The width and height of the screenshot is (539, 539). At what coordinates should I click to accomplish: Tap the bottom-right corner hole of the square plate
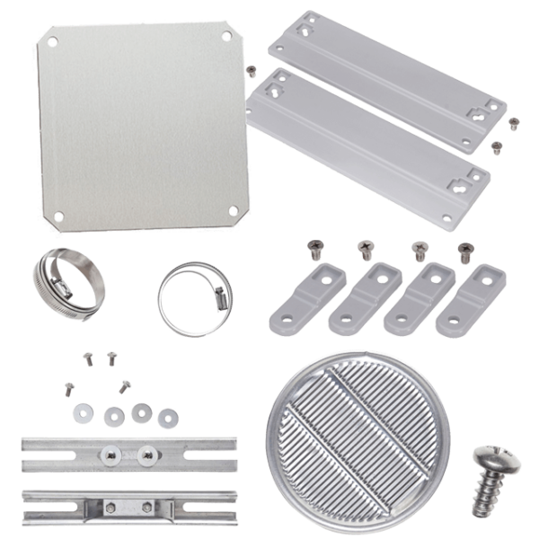pyautogui.click(x=233, y=210)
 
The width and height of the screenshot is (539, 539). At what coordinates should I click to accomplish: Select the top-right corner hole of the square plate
pyautogui.click(x=226, y=36)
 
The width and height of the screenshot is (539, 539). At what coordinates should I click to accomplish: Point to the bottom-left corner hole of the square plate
pyautogui.click(x=58, y=216)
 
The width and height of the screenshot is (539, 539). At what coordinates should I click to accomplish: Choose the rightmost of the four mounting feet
pyautogui.click(x=473, y=298)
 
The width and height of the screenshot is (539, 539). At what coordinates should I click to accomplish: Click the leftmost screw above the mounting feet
pyautogui.click(x=314, y=245)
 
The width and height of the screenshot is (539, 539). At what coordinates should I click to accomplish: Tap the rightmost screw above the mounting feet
pyautogui.click(x=464, y=250)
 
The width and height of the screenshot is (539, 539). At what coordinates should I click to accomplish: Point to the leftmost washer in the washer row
pyautogui.click(x=83, y=411)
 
